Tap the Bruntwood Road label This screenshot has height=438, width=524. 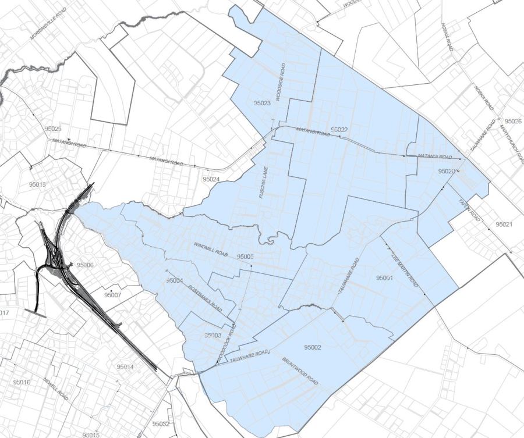coord(300,372)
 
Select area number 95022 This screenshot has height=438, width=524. coord(339,129)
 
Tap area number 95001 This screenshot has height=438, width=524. coord(385,277)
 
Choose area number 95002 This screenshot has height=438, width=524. coord(313,347)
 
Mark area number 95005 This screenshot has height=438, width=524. coord(246,256)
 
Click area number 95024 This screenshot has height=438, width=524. coord(210,179)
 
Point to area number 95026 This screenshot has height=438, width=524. coord(513,121)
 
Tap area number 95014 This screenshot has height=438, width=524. coord(125,367)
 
